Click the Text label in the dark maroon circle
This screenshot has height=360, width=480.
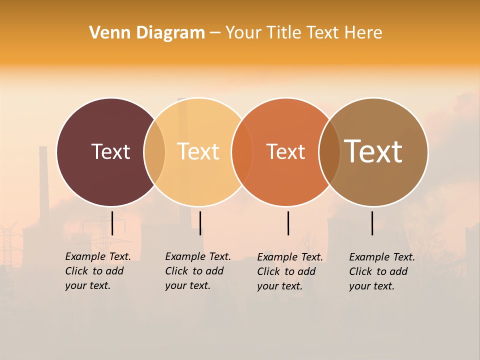click(110, 151)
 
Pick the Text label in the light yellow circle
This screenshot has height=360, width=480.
click(198, 151)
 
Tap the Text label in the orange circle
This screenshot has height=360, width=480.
click(285, 151)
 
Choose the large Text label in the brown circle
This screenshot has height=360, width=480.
click(373, 151)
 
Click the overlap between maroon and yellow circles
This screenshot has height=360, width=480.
click(154, 152)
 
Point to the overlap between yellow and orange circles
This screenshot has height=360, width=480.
click(242, 152)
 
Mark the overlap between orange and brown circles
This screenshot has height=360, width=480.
click(329, 152)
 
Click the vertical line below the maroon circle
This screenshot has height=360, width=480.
click(112, 223)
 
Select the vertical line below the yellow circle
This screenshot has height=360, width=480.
click(200, 223)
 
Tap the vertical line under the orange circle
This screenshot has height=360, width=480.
click(288, 223)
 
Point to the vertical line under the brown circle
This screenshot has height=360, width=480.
click(372, 223)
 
